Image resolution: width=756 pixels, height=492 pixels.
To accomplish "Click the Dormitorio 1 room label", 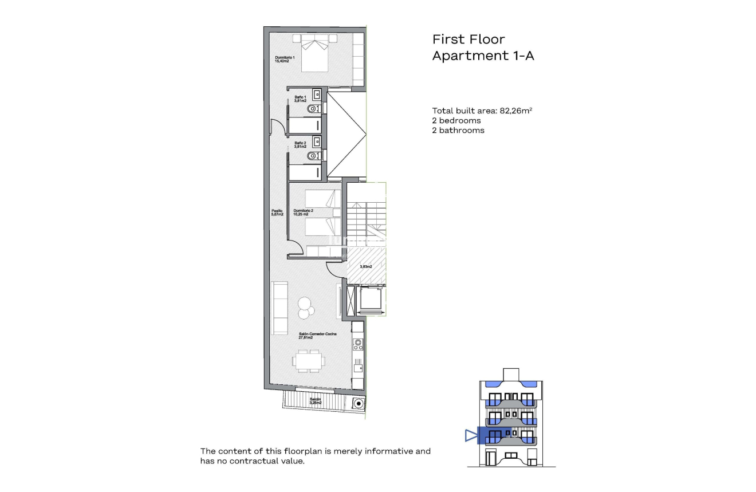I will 285,58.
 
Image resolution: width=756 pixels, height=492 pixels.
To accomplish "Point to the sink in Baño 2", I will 317,140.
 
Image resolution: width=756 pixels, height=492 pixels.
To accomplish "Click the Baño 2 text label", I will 301,144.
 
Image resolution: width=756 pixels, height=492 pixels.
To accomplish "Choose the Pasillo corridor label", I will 277,212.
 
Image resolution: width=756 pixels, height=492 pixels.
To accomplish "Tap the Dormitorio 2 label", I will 303,212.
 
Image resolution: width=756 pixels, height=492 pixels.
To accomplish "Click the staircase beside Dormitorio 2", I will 367,218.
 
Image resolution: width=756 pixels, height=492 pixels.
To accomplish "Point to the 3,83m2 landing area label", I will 365,266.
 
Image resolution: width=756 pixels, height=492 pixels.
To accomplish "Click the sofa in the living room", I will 280,308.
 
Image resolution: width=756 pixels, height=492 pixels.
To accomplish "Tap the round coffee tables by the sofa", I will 305,308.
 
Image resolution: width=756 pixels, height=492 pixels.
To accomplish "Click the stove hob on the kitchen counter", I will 358,344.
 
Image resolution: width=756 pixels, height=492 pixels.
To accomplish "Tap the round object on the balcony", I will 359,403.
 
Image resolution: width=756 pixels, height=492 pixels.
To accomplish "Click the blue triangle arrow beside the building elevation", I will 471,436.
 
